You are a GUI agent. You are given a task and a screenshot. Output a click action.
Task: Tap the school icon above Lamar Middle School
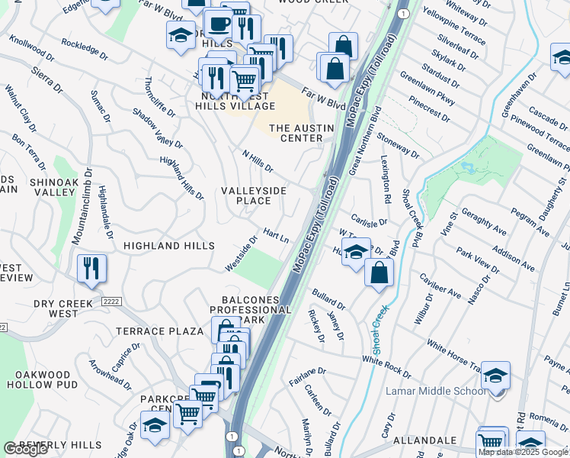(495, 376)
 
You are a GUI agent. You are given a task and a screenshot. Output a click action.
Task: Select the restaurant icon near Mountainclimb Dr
(91, 268)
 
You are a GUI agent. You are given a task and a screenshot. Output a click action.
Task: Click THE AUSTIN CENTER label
(296, 133)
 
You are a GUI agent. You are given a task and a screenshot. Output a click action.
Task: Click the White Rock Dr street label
(386, 367)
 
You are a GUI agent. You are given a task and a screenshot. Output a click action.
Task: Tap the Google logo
(25, 449)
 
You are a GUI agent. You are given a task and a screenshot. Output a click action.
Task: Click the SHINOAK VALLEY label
(53, 188)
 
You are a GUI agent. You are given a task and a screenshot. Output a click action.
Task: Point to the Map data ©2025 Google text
(523, 452)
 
